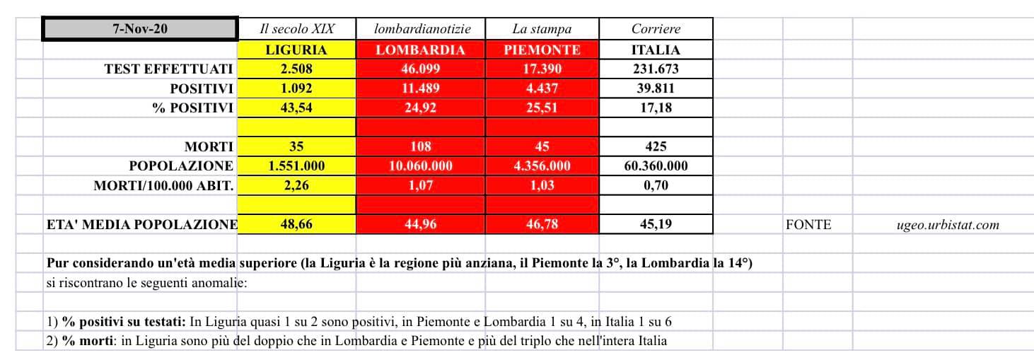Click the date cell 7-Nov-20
[x=140, y=29]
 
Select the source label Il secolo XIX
[x=296, y=29]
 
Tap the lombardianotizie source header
[x=420, y=29]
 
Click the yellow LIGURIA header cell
[x=296, y=50]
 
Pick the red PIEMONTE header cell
[x=542, y=50]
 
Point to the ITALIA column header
[x=656, y=50]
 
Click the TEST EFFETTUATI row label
[x=168, y=69]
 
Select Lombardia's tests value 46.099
[x=420, y=69]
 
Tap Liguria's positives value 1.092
[x=296, y=88]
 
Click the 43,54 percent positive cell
[x=296, y=108]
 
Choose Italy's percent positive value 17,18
[x=656, y=108]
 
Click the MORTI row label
[x=209, y=147]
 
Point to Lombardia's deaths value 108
[x=420, y=147]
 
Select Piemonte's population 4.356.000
[x=542, y=166]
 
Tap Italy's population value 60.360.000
[x=656, y=166]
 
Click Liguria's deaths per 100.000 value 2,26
[x=296, y=185]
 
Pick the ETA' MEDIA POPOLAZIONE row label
[x=141, y=224]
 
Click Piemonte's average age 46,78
[x=542, y=224]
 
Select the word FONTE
[x=808, y=225]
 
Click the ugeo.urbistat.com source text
[x=948, y=225]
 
